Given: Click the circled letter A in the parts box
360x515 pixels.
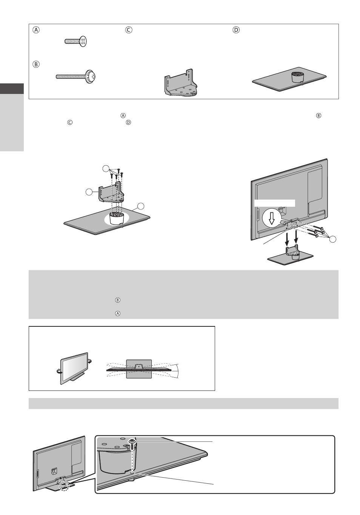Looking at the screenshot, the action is coord(36,30).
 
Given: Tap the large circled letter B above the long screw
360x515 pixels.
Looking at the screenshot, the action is coord(36,64).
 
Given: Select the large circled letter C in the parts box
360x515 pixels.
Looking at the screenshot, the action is coord(129,30).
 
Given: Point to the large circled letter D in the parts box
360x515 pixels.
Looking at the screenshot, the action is coord(236,30).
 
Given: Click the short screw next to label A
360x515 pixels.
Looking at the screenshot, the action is coord(75,42).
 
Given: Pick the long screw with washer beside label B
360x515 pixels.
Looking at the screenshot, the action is coord(75,76).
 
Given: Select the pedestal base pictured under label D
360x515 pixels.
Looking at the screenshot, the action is coord(289,79).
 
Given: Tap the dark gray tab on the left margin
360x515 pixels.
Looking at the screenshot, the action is coord(12,89).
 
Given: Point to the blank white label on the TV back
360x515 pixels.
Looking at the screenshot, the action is coord(275,203).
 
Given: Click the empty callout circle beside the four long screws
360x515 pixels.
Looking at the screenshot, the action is coord(332,239).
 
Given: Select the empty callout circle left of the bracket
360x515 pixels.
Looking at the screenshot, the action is coord(89,192).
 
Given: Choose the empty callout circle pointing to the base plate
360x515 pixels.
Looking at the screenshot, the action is coord(141,206).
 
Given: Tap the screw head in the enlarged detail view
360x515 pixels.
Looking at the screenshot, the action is coord(132,441).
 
